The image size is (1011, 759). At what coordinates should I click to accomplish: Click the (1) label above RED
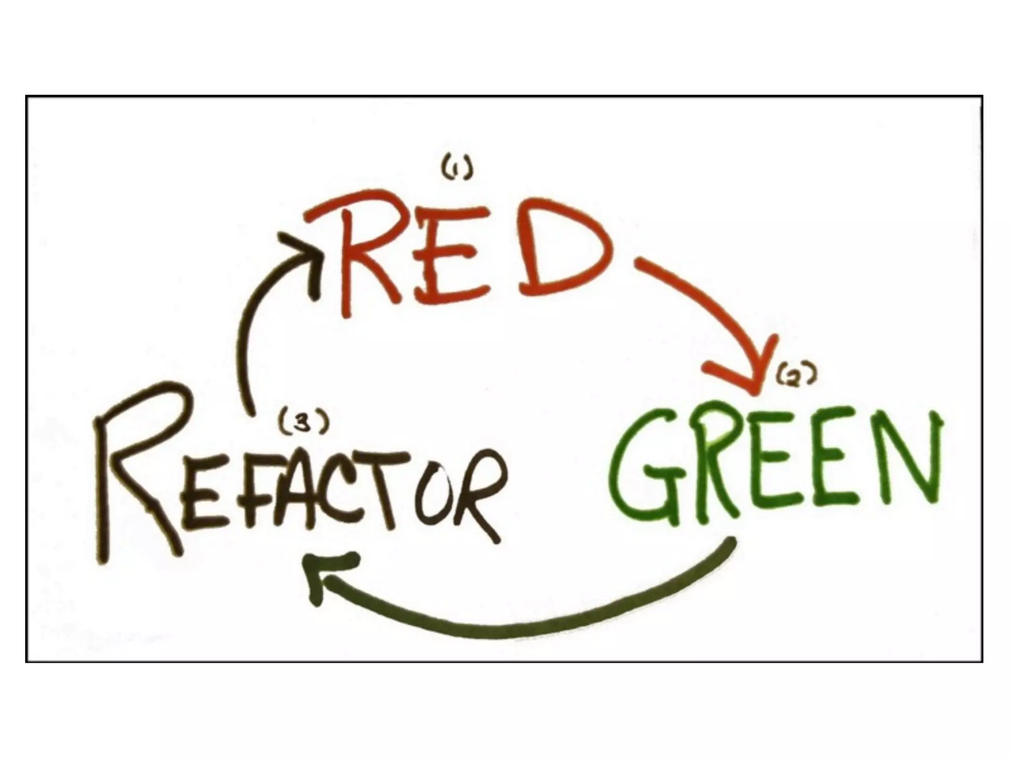457,170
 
